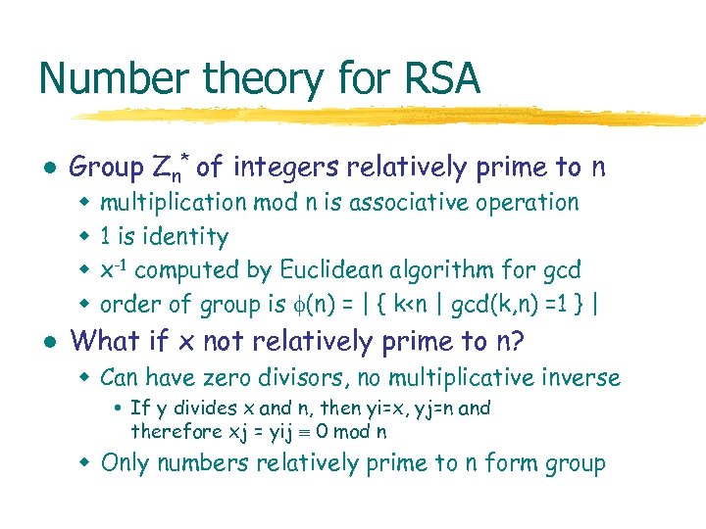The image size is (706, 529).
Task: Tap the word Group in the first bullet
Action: click(106, 168)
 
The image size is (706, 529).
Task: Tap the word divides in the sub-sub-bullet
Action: click(195, 409)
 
